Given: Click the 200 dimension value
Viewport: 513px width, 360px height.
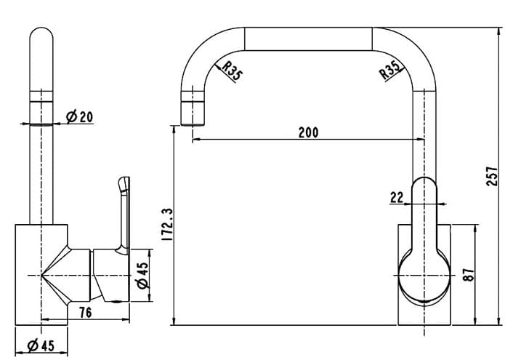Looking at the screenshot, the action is (308, 132).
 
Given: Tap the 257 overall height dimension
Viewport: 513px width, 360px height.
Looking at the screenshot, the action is (492, 177).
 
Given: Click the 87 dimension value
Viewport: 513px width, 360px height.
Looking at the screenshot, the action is (469, 275).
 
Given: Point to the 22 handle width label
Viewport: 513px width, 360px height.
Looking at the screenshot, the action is (397, 198).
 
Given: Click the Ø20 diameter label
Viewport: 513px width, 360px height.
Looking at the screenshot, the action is (79, 116).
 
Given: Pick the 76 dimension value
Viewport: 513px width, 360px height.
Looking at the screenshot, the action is (86, 313).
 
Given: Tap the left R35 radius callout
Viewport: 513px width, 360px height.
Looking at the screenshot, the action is (232, 71).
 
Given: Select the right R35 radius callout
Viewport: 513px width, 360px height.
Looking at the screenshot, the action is (390, 71).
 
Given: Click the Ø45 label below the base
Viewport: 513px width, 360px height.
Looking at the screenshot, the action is (41, 345).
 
